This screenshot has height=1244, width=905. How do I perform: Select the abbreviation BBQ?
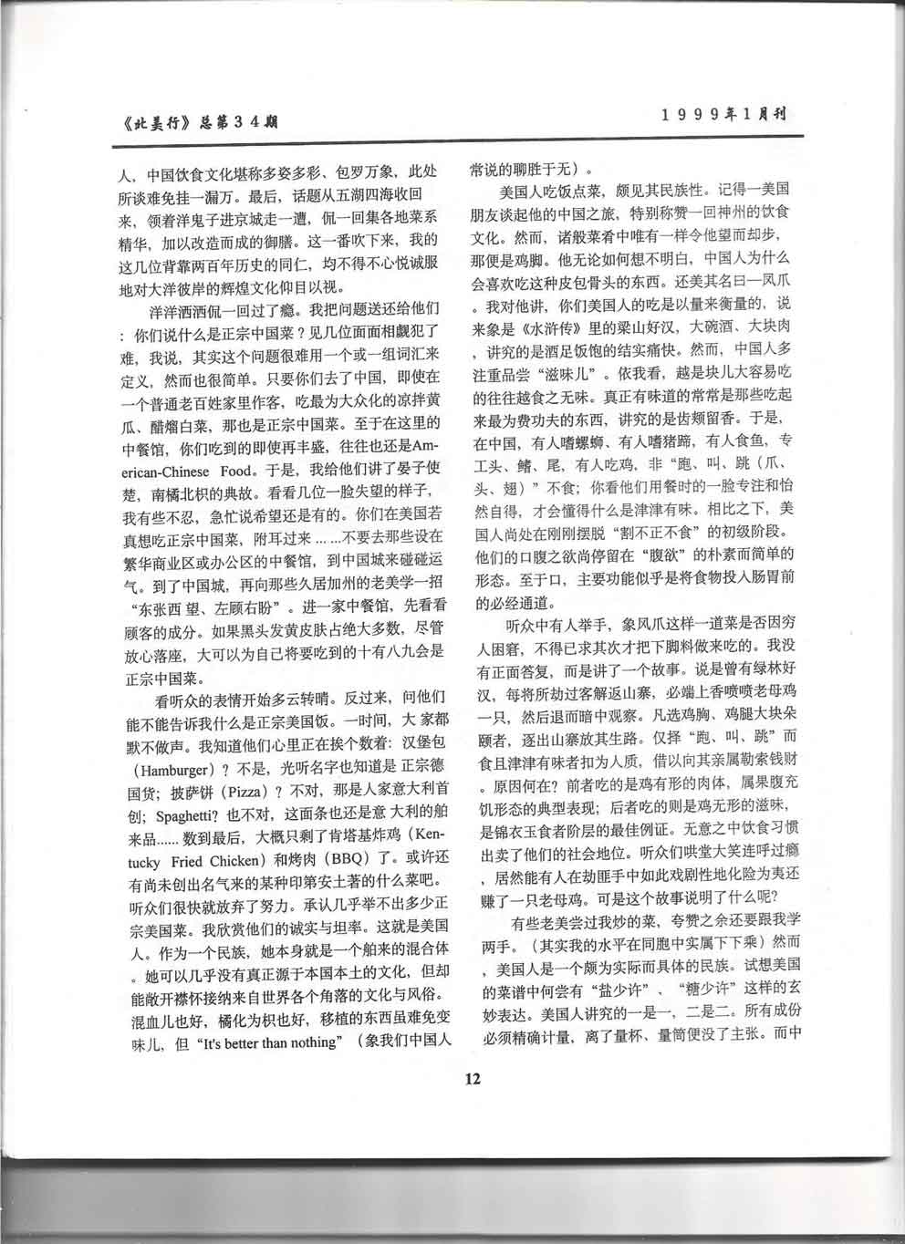click(x=354, y=856)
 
